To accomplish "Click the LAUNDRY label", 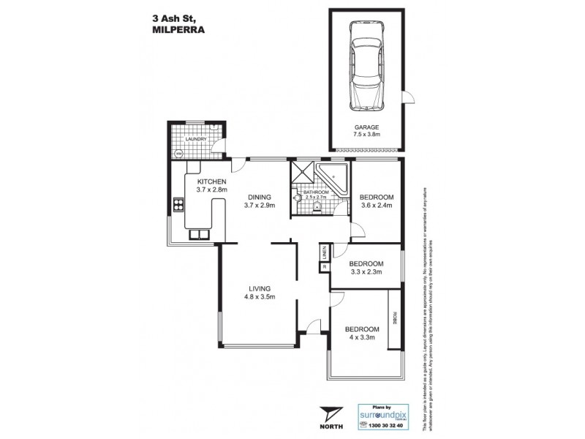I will click(x=196, y=139).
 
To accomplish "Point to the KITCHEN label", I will click(x=211, y=181).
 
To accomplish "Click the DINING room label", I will click(x=259, y=197).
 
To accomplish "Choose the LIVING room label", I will click(x=260, y=288).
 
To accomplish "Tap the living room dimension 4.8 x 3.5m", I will click(x=260, y=297).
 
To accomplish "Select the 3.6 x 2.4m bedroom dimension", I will click(x=377, y=206).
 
